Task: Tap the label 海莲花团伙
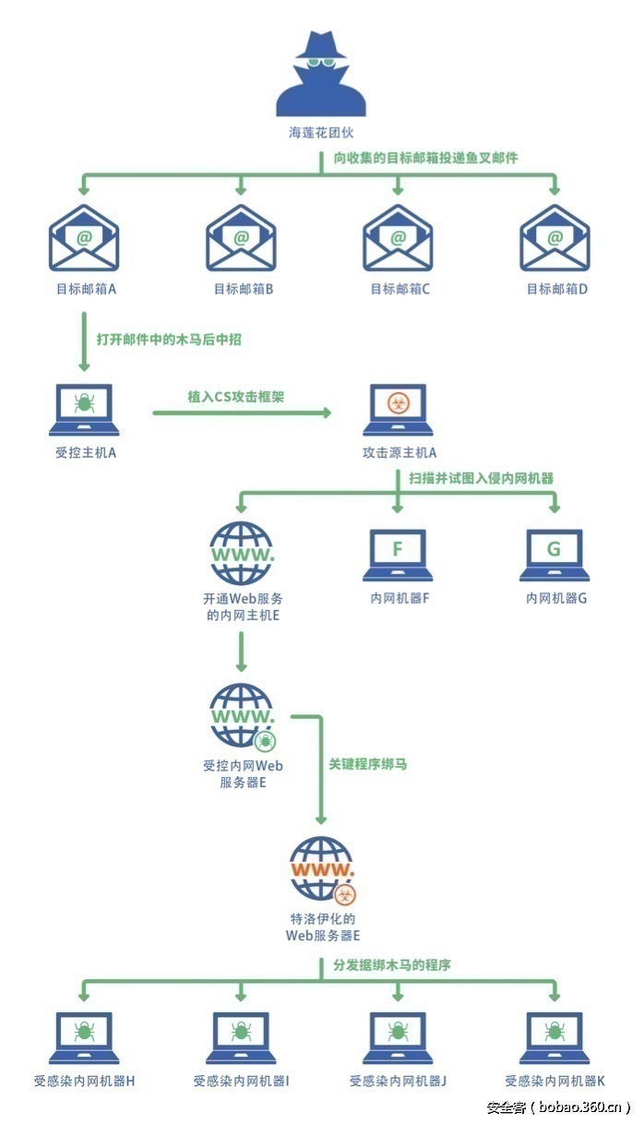click(321, 133)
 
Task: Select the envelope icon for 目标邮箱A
click(85, 238)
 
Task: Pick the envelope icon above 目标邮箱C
click(398, 238)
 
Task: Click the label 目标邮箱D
click(557, 289)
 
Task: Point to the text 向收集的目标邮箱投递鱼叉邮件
click(425, 158)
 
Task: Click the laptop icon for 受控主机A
click(85, 410)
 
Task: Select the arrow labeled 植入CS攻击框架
click(242, 412)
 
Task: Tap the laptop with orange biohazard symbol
click(399, 410)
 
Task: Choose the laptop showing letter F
click(398, 555)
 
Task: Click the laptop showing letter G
click(555, 555)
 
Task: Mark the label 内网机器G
click(556, 598)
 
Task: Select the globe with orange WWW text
click(321, 867)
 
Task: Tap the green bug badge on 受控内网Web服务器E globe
click(265, 739)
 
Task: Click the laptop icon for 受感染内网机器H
click(85, 1037)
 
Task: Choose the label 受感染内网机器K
click(555, 1081)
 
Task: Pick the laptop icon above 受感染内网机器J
click(399, 1037)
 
